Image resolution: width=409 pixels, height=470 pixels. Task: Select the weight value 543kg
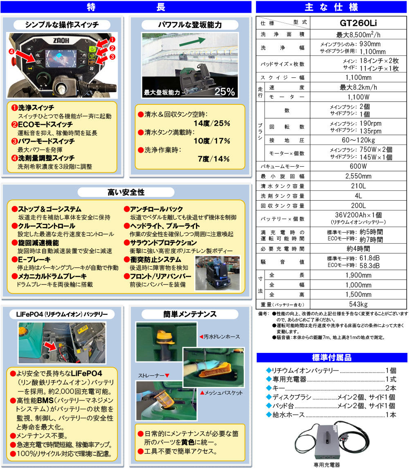coord(358,304)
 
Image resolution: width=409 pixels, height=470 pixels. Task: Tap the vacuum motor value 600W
coord(358,166)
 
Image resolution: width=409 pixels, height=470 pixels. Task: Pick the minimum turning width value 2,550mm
coord(358,176)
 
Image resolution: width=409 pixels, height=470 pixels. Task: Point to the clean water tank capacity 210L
coord(358,186)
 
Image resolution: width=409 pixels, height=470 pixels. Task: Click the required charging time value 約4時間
coord(358,248)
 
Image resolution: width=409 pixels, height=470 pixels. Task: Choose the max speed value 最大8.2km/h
coord(358,87)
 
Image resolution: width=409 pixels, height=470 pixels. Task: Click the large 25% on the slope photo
coord(225,92)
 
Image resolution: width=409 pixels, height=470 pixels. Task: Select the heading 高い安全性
coord(126,192)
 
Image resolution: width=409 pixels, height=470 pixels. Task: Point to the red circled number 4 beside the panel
coord(13,52)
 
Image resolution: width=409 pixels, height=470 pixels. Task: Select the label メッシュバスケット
coord(223,393)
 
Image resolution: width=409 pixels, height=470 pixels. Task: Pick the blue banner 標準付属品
coord(332,357)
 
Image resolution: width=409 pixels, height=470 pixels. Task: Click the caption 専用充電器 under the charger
coord(327,465)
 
